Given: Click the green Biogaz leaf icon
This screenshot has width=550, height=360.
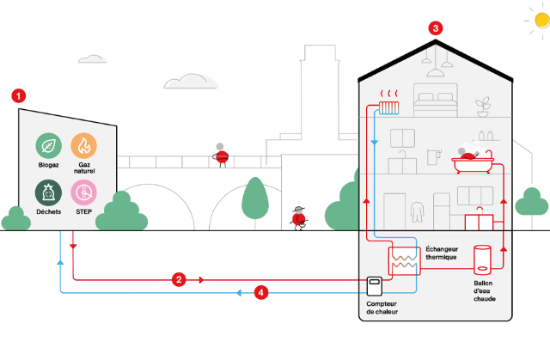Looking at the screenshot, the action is pos(48,146).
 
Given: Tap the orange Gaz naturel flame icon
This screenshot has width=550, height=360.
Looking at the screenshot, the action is pos(84,146).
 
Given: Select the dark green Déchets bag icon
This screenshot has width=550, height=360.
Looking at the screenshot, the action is pos(48,192).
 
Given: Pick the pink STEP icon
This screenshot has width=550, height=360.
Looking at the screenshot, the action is pos(84,192).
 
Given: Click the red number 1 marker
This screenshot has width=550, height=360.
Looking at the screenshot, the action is pos(19,95).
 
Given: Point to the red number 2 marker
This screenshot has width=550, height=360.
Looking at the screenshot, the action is pos(179,280).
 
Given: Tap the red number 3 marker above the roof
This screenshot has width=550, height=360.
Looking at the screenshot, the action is pos(436,28).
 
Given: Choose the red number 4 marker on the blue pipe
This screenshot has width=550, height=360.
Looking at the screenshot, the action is pos(261,293).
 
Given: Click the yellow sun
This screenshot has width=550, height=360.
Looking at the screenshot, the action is pos(542,21).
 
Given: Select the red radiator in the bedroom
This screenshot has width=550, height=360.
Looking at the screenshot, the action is pos(389,107).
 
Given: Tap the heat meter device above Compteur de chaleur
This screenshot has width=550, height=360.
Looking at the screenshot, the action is pos(375,286).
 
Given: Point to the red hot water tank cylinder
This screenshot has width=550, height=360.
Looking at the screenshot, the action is pos(482,259).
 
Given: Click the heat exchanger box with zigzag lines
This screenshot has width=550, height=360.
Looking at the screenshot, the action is pos(404,261).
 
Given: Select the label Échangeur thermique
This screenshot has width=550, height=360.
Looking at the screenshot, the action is pos(442,253).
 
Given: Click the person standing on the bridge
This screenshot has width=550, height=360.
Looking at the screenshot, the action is pos(221,156).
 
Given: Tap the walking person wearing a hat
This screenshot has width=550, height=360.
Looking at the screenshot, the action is pos(299,218).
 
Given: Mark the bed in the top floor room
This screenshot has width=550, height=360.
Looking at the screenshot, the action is pos(436,100).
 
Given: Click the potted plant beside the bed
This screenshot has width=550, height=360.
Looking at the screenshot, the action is pos(483,107).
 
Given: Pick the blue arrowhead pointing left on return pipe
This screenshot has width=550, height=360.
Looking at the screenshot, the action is pos(239,293).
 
